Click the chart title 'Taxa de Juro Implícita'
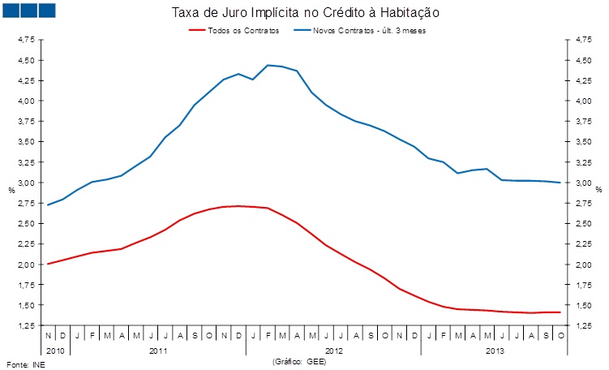point(306,13)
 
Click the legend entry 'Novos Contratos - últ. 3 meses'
point(368,30)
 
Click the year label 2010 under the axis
point(55,350)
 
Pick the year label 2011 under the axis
point(158,350)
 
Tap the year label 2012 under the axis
point(333,350)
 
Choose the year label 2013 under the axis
point(494,350)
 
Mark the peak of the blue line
point(268,65)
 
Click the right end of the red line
point(560,312)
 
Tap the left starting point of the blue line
point(49,204)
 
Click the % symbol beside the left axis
point(11,190)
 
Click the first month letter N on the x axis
point(49,334)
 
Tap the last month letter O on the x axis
point(560,334)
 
